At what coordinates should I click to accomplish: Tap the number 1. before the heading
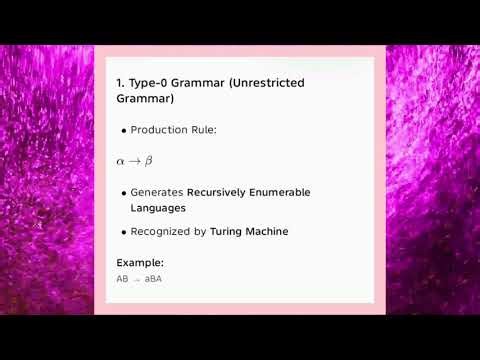(x=120, y=83)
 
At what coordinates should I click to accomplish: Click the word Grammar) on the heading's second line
(x=146, y=100)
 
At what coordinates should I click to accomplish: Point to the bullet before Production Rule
(x=123, y=131)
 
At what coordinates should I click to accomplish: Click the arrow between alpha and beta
(x=135, y=161)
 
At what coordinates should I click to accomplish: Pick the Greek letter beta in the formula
(x=149, y=161)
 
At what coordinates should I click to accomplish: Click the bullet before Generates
(x=123, y=192)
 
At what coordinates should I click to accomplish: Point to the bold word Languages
(x=159, y=208)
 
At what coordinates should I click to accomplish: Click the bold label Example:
(x=140, y=263)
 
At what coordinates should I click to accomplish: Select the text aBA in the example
(x=153, y=279)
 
